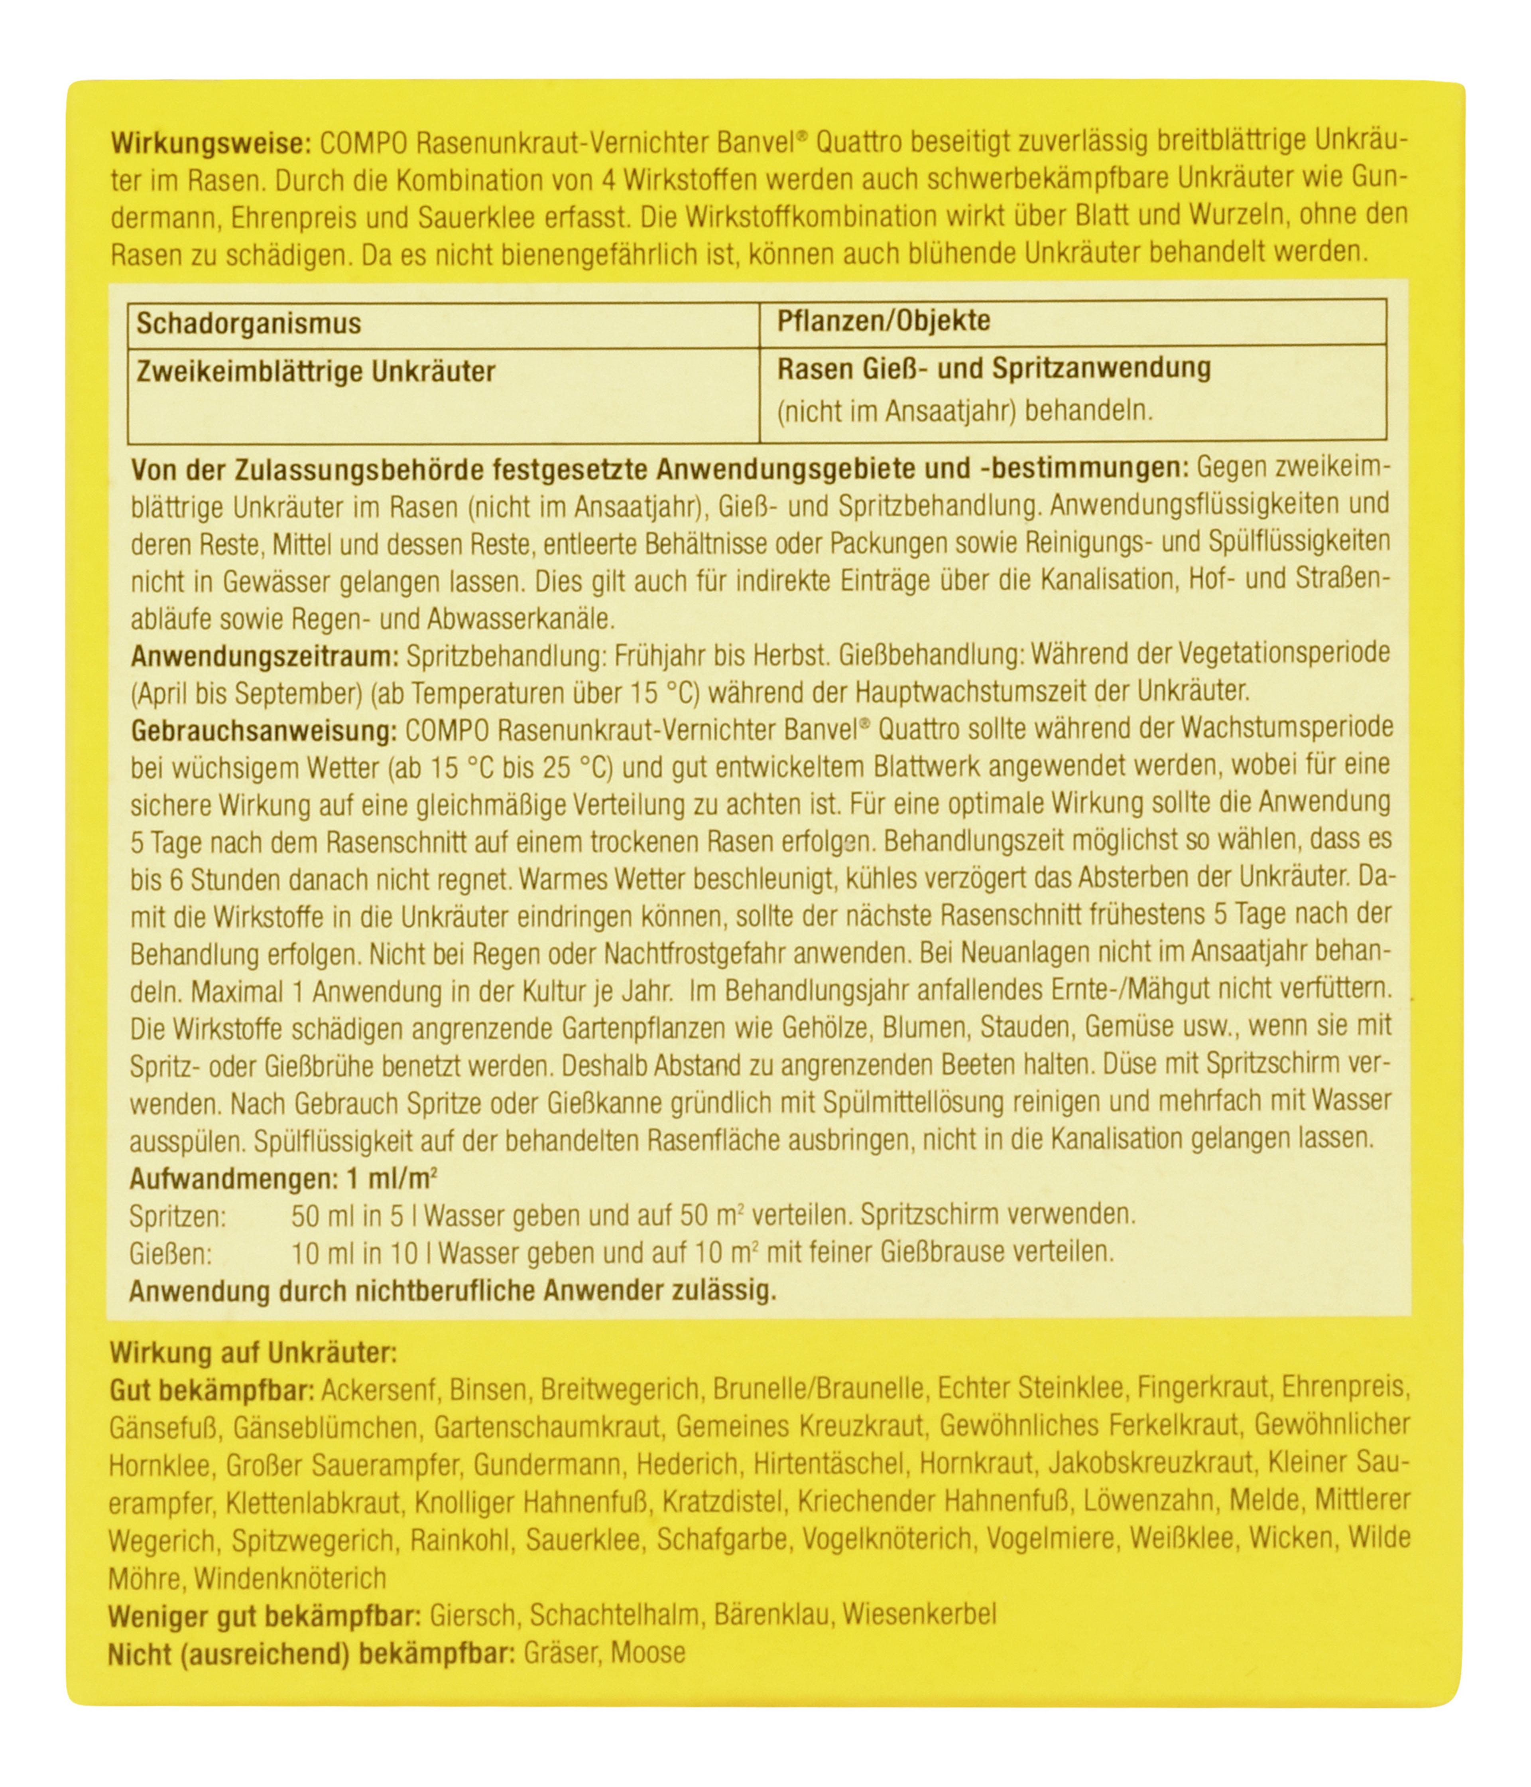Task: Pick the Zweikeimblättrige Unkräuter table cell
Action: (315, 372)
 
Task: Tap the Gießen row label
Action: (171, 1252)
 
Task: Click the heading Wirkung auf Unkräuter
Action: (253, 1353)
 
